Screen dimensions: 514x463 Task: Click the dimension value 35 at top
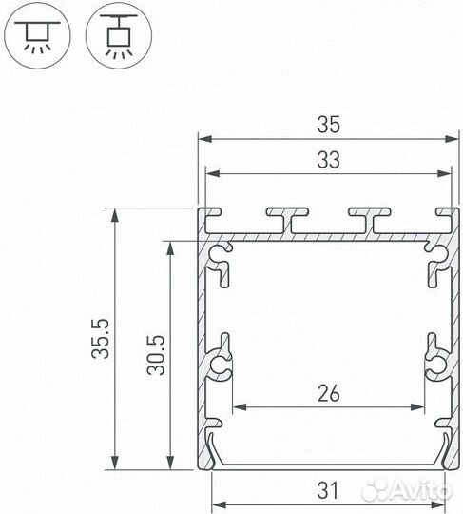click(x=327, y=124)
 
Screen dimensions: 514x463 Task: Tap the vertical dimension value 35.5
click(x=104, y=340)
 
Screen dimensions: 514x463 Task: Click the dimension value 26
click(x=327, y=391)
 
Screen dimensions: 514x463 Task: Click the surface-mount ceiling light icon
click(x=36, y=35)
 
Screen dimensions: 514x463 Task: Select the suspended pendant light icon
click(x=117, y=35)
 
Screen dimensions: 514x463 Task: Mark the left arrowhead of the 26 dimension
click(x=238, y=408)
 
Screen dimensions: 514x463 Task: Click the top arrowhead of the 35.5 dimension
click(x=114, y=212)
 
